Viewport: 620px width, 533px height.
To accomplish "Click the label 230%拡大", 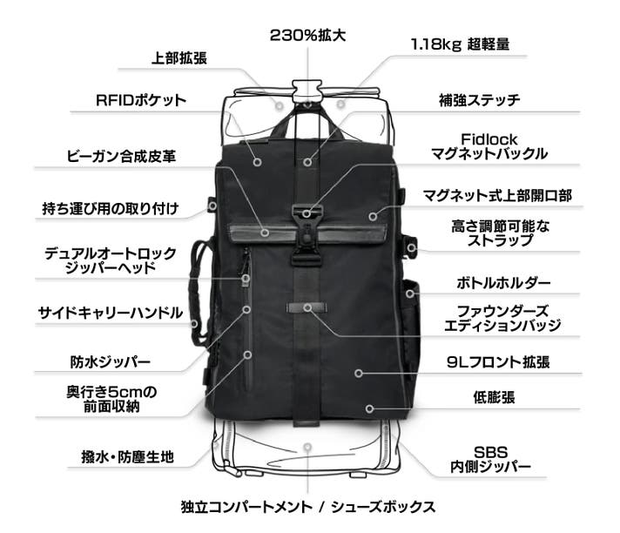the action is coord(307,36).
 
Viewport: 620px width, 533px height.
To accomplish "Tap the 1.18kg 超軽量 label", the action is coord(461,44).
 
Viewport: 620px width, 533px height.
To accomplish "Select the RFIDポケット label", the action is coord(141,100).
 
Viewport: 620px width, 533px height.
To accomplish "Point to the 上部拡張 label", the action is coord(179,58).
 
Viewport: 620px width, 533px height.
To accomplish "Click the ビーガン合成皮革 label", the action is coord(121,157).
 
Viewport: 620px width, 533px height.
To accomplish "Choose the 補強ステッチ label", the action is coord(479,100).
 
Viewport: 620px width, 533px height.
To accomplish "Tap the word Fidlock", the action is coord(489,139).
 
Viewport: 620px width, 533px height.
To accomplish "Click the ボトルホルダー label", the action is coord(503,283).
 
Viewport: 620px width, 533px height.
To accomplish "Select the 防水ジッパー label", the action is coord(111,361).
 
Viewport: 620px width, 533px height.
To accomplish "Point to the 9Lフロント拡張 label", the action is coord(498,361).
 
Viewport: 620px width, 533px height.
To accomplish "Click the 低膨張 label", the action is coord(495,397).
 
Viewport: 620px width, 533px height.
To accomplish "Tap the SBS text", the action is coord(491,452).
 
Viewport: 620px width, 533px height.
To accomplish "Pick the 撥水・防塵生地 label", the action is coord(127,457).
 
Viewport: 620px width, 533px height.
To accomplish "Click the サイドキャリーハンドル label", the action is coord(111,314).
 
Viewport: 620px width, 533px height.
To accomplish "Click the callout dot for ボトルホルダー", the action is coord(410,293).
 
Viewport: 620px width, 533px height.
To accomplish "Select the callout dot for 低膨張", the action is coord(369,408).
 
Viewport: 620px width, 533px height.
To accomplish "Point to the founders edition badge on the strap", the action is coord(307,307).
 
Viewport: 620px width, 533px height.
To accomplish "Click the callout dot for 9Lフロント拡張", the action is coord(359,373).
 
